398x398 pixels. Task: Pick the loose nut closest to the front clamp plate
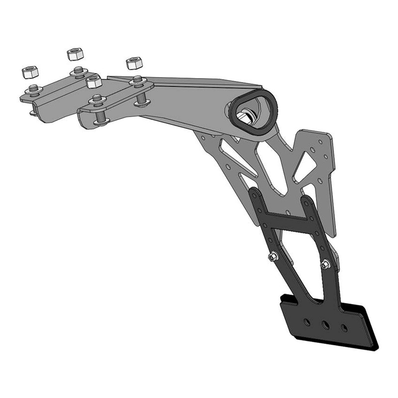93,81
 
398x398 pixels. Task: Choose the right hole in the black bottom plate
344,327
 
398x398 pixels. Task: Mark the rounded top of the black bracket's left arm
254,192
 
